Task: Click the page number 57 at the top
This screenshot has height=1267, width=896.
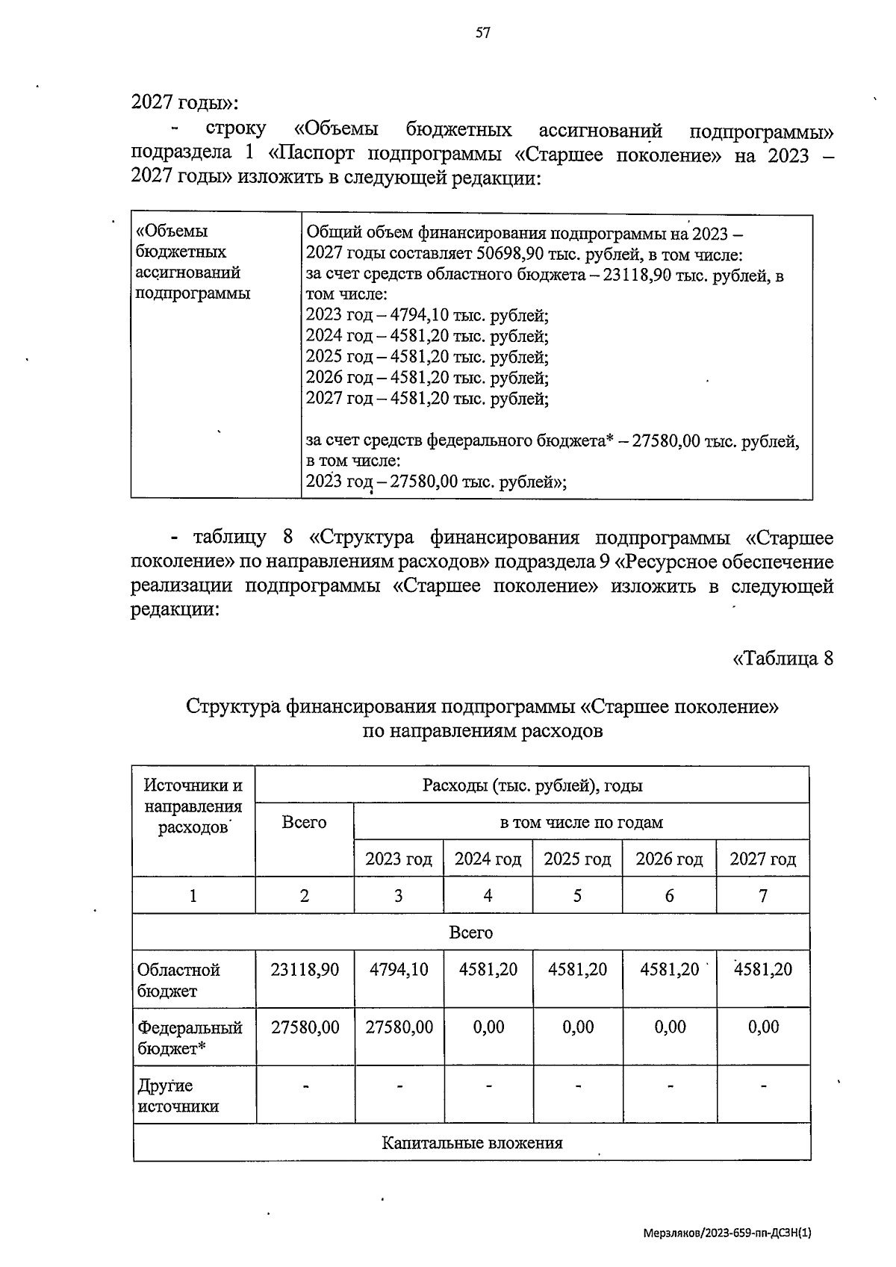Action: coord(483,32)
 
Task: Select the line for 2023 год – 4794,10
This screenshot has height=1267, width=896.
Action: coord(427,316)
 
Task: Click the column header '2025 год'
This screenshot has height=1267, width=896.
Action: coord(577,859)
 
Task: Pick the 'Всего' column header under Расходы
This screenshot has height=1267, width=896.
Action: coord(304,822)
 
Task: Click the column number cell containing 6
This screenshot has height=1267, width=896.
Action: coord(669,895)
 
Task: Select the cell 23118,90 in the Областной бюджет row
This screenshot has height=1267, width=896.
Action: coord(305,969)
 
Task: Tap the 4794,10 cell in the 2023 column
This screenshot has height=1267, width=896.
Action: coord(399,969)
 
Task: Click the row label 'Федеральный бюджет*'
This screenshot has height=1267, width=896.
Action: coord(190,1038)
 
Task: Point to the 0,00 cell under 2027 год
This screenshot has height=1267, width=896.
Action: coord(763,1027)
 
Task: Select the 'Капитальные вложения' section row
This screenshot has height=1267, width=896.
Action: coord(472,1143)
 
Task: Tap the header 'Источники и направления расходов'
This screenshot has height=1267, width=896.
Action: coord(193,806)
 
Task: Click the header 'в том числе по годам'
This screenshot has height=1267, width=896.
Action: coord(581,822)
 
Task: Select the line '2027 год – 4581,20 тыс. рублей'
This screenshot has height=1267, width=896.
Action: coord(427,399)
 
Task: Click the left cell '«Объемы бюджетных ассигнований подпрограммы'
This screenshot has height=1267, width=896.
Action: coord(193,262)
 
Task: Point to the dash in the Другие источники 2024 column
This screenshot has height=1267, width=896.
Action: coord(488,1086)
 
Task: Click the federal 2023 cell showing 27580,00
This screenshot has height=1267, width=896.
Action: coord(399,1027)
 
